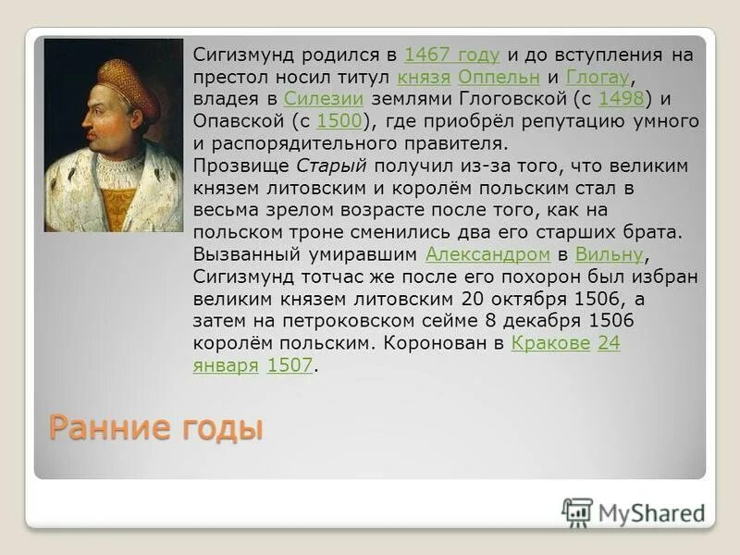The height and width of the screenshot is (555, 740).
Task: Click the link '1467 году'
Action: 451,55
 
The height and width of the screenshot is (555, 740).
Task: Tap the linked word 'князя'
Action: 424,77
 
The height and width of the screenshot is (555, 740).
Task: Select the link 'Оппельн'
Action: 499,77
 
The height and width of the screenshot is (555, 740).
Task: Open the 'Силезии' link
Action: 323,99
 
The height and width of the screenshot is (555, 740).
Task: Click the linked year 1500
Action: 339,121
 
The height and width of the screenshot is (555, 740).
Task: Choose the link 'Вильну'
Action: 608,254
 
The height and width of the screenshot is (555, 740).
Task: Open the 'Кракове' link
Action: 550,343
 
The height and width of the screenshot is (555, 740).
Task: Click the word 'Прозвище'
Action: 242,166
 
